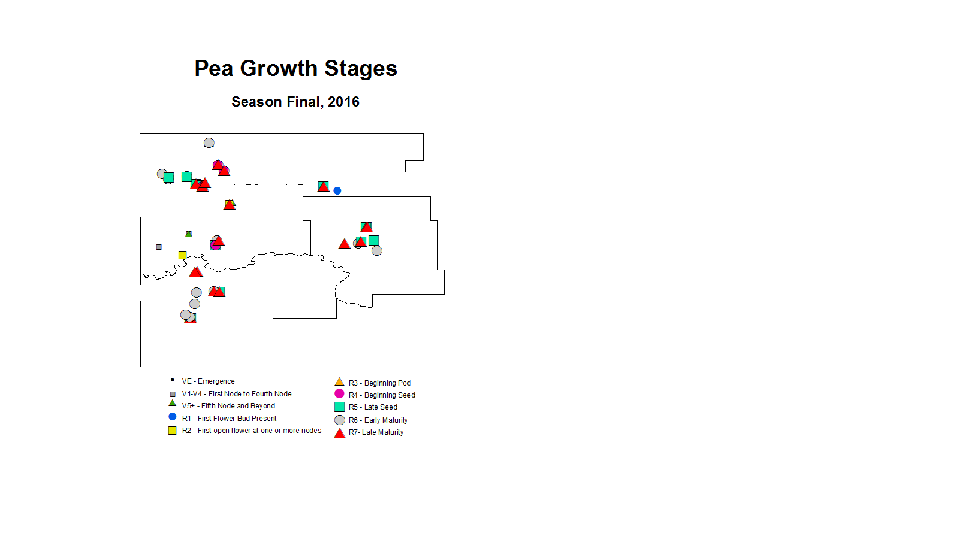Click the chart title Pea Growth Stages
coord(295,69)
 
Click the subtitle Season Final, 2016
coord(295,102)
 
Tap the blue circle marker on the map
coord(337,190)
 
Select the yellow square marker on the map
coord(183,255)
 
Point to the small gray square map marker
coord(159,247)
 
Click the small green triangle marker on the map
coord(189,234)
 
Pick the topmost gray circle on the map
coord(209,143)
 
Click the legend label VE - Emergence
coord(208,381)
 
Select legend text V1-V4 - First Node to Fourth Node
coord(237,394)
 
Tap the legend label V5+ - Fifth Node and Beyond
coord(228,406)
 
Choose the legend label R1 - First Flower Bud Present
coord(229,419)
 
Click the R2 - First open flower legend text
coord(251,431)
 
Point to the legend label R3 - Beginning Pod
coord(379,383)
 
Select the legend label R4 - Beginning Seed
coord(382,395)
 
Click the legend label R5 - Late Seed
coord(373,407)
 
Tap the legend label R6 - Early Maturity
coord(378,420)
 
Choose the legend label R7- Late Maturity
coord(376,432)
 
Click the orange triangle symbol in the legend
coord(339,382)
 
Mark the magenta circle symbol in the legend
coord(339,393)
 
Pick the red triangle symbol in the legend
coord(340,434)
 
